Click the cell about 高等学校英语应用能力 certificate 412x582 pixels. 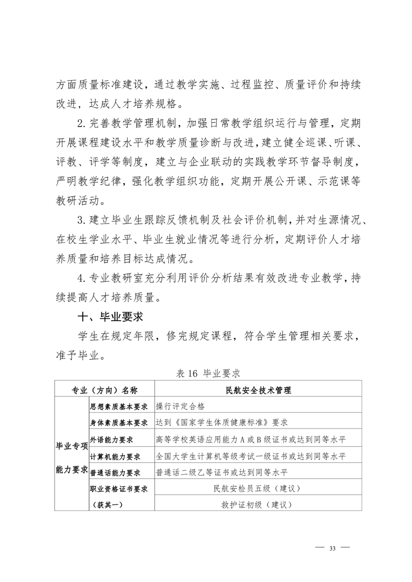pyautogui.click(x=251, y=440)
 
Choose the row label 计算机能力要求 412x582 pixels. pyautogui.click(x=115, y=456)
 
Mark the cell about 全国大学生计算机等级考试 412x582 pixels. pyautogui.click(x=251, y=456)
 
